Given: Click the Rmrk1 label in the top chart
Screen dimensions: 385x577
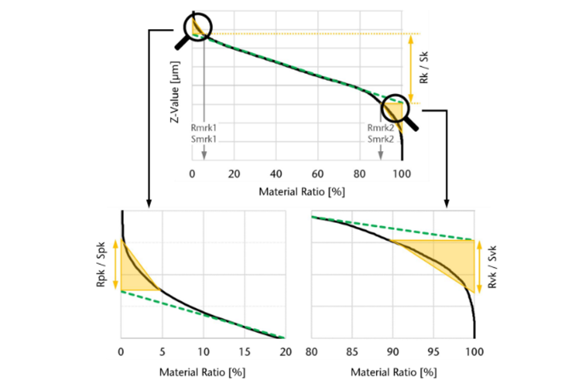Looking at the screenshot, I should pyautogui.click(x=203, y=128).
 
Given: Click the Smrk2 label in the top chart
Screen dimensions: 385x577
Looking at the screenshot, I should pyautogui.click(x=381, y=139).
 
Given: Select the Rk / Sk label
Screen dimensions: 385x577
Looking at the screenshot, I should pyautogui.click(x=424, y=68).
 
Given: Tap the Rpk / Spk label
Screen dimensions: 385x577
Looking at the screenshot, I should pyautogui.click(x=101, y=264).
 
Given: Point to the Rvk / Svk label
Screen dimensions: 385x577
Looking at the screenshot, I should pyautogui.click(x=492, y=267).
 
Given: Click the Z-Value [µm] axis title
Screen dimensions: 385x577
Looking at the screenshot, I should pyautogui.click(x=175, y=92).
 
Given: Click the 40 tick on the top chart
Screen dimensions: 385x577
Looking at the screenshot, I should pyautogui.click(x=276, y=174).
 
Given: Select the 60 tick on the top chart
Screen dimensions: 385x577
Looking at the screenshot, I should pyautogui.click(x=317, y=174).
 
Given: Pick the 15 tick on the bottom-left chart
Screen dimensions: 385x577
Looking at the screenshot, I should pyautogui.click(x=245, y=352).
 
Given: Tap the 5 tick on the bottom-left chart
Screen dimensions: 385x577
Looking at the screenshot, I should pyautogui.click(x=162, y=352).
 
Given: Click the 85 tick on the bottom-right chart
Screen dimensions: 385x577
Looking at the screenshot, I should pyautogui.click(x=352, y=352).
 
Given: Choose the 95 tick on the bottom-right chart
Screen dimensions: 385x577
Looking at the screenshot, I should pyautogui.click(x=433, y=352).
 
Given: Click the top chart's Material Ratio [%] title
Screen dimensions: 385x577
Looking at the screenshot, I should pyautogui.click(x=302, y=192).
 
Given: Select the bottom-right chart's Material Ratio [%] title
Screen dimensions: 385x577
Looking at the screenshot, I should pyautogui.click(x=393, y=372).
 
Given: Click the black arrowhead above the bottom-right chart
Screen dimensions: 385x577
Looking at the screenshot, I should pyautogui.click(x=446, y=203).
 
